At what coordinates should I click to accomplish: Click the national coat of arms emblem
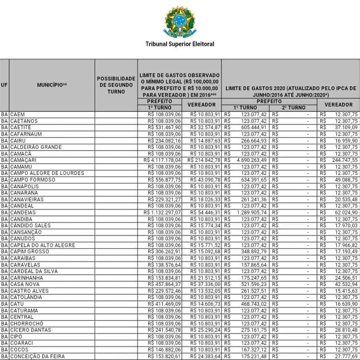(x=180, y=21)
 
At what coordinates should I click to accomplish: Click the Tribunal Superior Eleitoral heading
(x=180, y=44)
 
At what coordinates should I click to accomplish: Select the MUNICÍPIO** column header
(x=52, y=85)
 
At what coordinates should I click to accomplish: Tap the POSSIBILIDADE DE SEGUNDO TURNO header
(x=116, y=85)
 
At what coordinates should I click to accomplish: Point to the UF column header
(x=4, y=85)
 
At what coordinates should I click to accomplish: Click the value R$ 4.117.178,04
(x=162, y=160)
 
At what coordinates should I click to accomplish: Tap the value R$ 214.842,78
(x=204, y=160)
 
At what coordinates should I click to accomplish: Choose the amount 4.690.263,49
(x=251, y=160)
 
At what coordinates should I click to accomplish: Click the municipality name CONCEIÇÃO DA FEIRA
(x=37, y=356)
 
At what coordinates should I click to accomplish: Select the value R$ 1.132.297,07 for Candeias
(x=162, y=212)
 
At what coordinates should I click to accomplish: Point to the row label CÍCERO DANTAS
(x=31, y=330)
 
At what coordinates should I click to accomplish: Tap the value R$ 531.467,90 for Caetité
(x=164, y=127)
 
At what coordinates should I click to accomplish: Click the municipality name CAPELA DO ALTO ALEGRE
(x=43, y=245)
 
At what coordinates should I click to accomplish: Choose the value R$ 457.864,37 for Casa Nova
(x=164, y=284)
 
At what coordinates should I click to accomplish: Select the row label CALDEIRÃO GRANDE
(x=36, y=147)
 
